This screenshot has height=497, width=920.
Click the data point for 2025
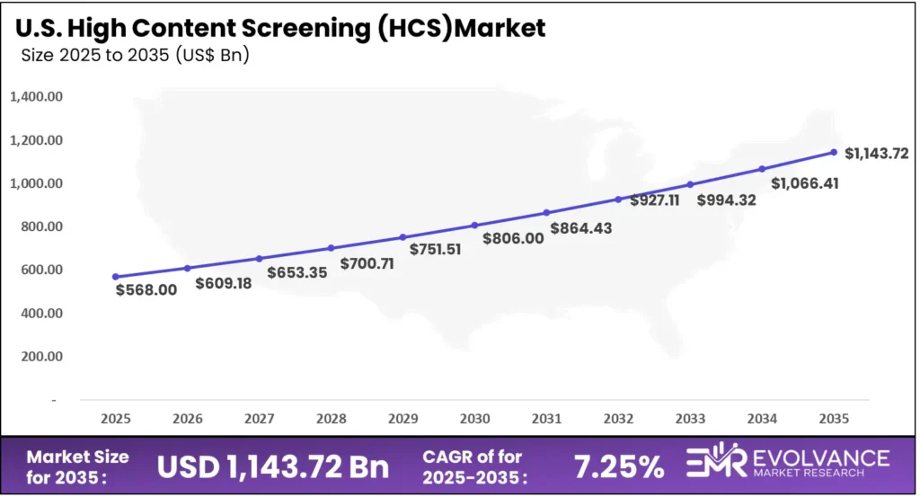click(115, 277)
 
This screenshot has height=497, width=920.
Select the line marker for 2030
click(474, 225)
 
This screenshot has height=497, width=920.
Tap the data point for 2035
click(834, 152)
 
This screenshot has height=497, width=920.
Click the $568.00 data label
click(146, 290)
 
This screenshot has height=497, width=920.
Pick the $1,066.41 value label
click(802, 183)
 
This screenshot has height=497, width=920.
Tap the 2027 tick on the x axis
click(259, 418)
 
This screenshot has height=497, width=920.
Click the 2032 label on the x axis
click(618, 418)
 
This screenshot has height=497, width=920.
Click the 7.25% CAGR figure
click(618, 466)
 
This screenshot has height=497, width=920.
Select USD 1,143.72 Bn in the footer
click(273, 466)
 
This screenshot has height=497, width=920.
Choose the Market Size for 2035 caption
click(77, 466)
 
